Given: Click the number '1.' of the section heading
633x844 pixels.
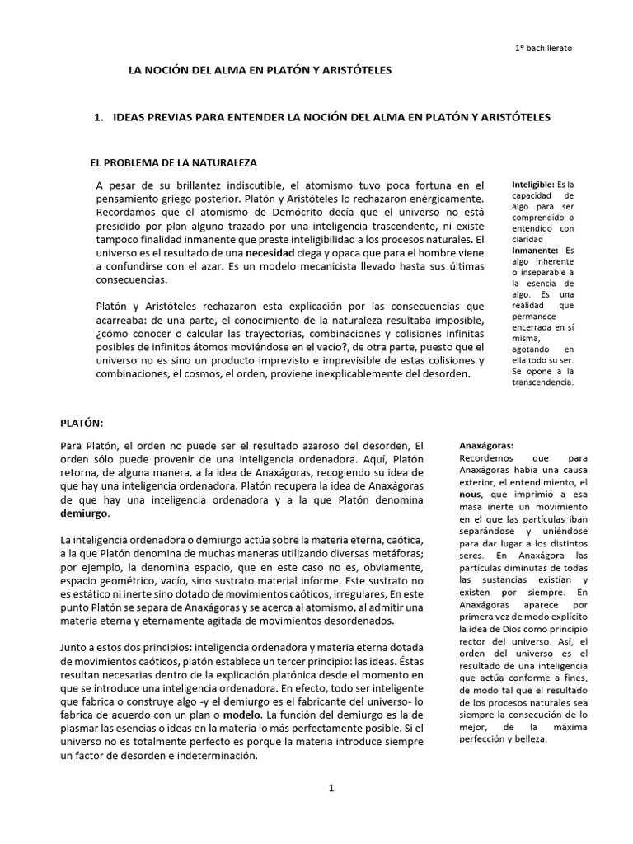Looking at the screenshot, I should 101,117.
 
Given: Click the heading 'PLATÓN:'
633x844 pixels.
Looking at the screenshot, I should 82,423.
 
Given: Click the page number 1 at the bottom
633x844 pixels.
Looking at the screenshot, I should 331,788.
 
